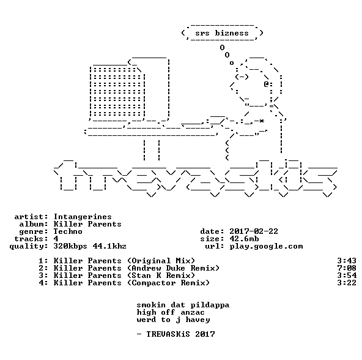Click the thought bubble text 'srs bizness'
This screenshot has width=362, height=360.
point(222,33)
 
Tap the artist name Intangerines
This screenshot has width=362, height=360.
point(83,217)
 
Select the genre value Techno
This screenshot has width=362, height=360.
point(68,231)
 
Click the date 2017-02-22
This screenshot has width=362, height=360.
point(254,231)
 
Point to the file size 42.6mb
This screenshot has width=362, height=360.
point(244,239)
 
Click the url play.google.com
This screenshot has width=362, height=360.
point(266,246)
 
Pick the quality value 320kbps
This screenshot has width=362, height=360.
point(70,246)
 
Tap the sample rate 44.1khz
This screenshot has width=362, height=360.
point(109,246)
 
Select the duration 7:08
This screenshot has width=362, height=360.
point(347,268)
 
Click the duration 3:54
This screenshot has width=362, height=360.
point(347,276)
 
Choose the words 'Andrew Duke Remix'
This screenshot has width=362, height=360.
point(173,268)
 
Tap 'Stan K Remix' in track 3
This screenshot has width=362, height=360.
point(161,276)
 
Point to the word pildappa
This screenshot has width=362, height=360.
point(210,305)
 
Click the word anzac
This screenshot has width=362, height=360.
point(193,313)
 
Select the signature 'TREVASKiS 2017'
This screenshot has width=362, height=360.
point(180,334)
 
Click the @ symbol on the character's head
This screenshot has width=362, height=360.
point(266,84)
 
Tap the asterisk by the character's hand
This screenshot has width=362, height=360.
point(261,121)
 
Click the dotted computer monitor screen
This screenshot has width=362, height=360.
point(117,92)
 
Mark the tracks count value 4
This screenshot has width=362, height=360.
point(56,239)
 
